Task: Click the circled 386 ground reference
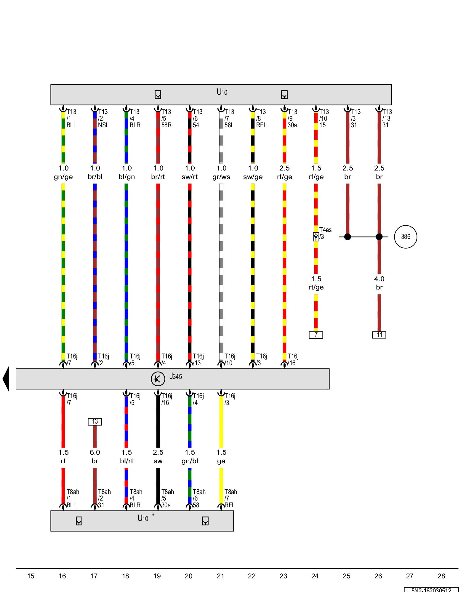click(405, 237)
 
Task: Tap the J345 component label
click(176, 377)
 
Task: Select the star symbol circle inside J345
click(158, 379)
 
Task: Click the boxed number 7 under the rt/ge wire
click(316, 335)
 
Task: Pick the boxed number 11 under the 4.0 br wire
click(379, 335)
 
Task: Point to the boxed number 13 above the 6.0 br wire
click(95, 422)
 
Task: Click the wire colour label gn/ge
click(63, 177)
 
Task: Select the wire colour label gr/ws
click(221, 177)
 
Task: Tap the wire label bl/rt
click(126, 461)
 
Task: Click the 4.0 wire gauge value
click(379, 279)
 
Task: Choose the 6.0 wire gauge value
click(95, 452)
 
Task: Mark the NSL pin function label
click(103, 125)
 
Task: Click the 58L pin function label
click(229, 125)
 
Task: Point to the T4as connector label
click(325, 230)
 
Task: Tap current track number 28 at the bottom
click(441, 576)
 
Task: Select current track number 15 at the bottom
click(31, 576)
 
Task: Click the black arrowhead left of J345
click(6, 379)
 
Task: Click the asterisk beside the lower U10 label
click(153, 515)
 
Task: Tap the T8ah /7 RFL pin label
click(230, 498)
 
